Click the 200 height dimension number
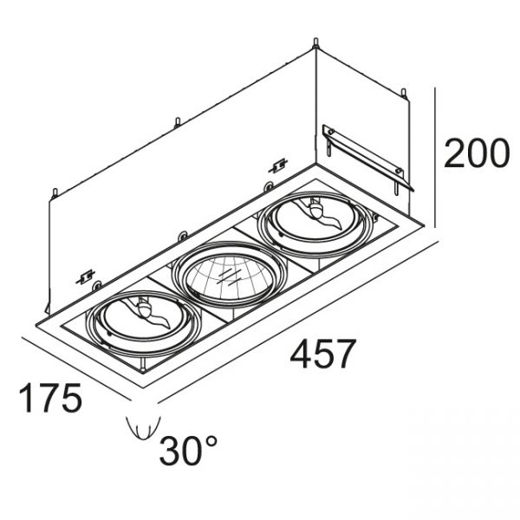tap(476, 153)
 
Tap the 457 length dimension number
tap(322, 354)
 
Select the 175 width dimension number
tap(50, 398)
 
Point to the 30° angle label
tap(188, 450)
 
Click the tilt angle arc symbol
tap(143, 428)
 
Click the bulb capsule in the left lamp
tap(144, 309)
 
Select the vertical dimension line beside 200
tap(434, 158)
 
